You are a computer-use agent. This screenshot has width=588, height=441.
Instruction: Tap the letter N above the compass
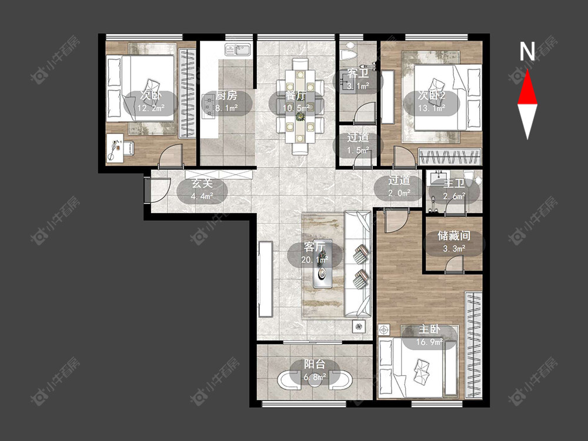point(527,51)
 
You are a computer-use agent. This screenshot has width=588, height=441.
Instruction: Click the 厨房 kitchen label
point(226,96)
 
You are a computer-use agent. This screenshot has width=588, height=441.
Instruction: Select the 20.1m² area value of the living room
point(315,259)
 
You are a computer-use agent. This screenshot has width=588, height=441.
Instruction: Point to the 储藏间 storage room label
point(454,236)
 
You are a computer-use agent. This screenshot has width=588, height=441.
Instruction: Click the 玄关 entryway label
point(202,183)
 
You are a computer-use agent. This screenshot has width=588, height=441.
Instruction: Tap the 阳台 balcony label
point(314,365)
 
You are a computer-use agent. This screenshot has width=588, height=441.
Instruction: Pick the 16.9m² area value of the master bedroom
point(429,342)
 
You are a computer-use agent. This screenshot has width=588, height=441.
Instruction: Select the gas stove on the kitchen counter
point(209,106)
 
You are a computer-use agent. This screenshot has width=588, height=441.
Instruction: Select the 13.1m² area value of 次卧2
point(432,108)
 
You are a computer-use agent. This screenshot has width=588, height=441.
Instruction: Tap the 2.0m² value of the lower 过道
point(399,193)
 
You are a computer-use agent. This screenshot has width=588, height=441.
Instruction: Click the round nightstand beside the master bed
point(383,330)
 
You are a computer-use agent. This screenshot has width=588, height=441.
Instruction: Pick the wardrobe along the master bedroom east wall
point(473,345)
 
